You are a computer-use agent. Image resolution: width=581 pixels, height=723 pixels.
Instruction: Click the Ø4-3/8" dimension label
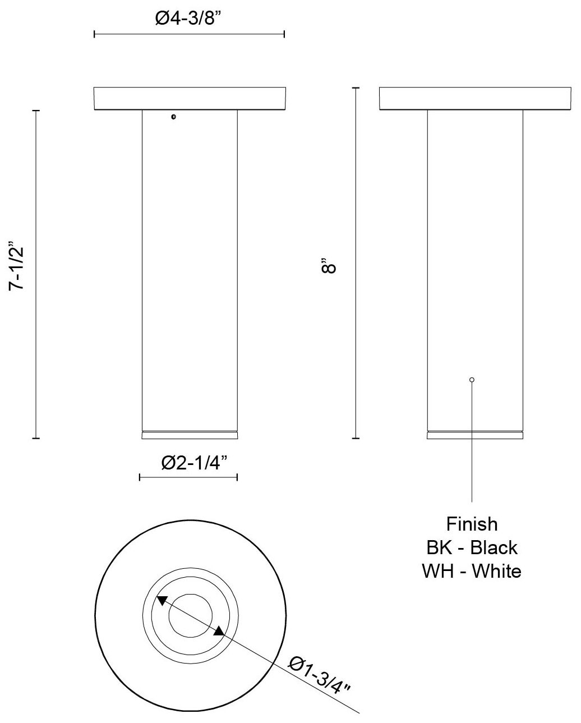[189, 19]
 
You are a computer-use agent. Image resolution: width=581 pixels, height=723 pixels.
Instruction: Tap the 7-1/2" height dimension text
[17, 267]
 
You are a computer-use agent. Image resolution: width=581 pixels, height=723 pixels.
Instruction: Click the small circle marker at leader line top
[472, 380]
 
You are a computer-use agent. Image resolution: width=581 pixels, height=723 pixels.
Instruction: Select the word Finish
[472, 524]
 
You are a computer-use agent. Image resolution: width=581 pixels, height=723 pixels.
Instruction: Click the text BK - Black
[472, 547]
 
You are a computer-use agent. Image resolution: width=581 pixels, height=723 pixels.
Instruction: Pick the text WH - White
[472, 571]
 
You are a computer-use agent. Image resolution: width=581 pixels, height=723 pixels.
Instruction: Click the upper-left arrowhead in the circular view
[161, 600]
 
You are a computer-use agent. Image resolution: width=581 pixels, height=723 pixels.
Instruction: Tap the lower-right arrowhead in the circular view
[219, 632]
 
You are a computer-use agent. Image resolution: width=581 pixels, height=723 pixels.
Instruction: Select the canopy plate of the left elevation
[190, 98]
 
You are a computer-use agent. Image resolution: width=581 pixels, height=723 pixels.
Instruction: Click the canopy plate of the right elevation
[475, 98]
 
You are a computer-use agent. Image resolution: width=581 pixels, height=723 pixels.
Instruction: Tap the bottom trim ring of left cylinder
[190, 435]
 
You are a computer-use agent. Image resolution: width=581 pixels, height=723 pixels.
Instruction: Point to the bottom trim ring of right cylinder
[475, 435]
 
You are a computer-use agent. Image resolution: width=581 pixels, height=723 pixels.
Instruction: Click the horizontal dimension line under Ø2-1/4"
[188, 477]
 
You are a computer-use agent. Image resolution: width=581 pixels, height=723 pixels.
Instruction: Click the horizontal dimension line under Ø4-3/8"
[189, 35]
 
